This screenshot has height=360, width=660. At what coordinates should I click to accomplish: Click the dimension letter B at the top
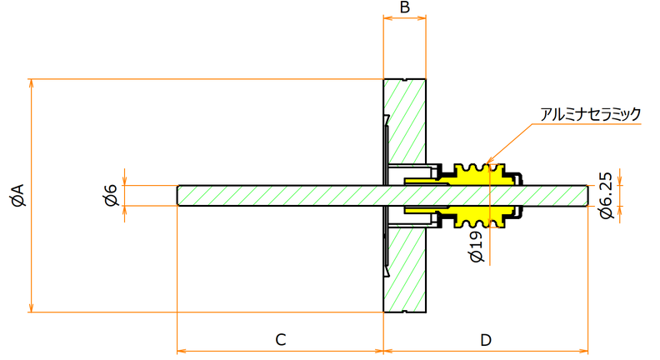tap(404, 7)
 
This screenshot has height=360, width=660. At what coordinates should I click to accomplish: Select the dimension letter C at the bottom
tap(281, 339)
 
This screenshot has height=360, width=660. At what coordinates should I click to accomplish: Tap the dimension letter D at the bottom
tap(486, 339)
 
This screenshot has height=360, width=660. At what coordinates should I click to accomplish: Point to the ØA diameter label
tap(19, 195)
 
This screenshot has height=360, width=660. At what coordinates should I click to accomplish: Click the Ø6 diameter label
tap(112, 195)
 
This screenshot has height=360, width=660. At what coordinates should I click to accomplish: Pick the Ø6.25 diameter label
tap(606, 195)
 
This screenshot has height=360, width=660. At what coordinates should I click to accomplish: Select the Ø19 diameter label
tap(477, 247)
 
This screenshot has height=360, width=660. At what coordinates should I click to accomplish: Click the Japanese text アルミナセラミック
tap(590, 113)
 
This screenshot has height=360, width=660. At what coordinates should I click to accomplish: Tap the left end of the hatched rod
tap(178, 195)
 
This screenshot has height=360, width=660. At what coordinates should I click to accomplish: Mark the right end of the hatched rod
tap(587, 195)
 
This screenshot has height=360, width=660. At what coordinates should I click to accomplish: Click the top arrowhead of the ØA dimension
tap(31, 83)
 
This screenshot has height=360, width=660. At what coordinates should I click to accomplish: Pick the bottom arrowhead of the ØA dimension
tap(31, 307)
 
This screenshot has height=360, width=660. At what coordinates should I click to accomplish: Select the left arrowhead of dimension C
tap(182, 351)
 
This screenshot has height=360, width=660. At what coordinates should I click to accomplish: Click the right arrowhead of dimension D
tap(583, 351)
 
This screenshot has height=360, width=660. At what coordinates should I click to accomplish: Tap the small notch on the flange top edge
tap(404, 80)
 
